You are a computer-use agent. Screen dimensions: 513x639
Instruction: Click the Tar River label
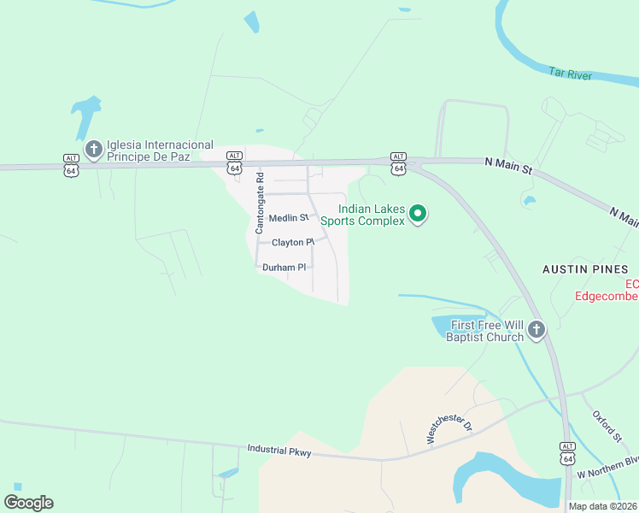click(570, 75)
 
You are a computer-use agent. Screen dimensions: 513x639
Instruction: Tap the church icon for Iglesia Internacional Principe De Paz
click(93, 150)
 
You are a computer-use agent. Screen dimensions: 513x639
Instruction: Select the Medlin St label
click(288, 219)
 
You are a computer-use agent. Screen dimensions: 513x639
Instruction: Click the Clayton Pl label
click(293, 243)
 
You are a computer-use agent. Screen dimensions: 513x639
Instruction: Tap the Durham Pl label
click(284, 268)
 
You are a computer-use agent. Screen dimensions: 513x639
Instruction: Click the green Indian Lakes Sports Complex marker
click(417, 214)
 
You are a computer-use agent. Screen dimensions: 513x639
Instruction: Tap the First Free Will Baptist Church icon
click(536, 330)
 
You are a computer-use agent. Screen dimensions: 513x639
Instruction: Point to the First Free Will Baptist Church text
click(485, 331)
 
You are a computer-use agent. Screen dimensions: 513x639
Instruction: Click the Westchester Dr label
click(448, 429)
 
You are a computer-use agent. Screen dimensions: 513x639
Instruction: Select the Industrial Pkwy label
click(279, 449)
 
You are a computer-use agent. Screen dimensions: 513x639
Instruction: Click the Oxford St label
click(607, 427)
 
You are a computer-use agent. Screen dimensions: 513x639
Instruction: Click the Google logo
click(28, 502)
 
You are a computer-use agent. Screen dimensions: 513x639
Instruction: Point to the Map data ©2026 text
click(602, 506)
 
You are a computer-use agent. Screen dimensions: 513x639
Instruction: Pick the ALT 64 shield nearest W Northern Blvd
click(567, 453)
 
